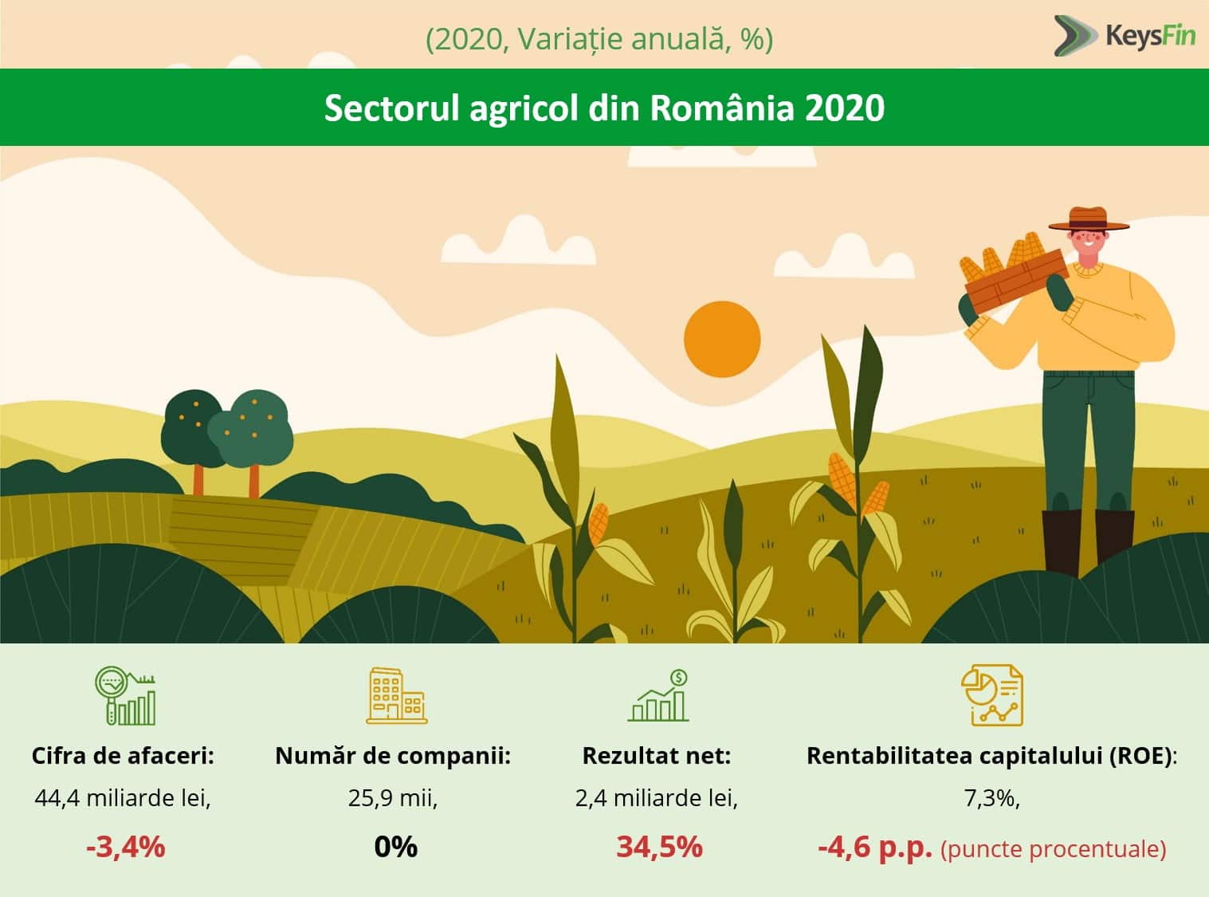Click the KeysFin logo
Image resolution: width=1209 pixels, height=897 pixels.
(x=1125, y=36)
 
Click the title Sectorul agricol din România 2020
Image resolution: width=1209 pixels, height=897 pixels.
(x=604, y=108)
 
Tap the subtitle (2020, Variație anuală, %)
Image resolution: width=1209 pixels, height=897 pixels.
(x=599, y=38)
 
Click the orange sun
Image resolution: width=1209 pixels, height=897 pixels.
(x=722, y=339)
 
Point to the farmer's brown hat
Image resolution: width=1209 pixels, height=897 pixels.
(x=1089, y=219)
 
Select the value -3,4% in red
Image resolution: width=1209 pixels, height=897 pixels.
(x=125, y=846)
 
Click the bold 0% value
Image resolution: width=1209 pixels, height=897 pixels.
(x=395, y=846)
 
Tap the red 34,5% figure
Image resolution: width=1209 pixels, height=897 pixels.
(x=659, y=846)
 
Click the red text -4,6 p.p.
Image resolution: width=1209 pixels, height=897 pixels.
(x=874, y=847)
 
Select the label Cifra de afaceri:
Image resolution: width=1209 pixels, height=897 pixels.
(x=123, y=756)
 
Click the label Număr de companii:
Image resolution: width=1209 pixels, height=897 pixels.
(x=393, y=756)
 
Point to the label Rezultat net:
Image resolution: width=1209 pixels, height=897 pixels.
(x=656, y=756)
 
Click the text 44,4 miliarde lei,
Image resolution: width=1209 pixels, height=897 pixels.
(x=123, y=798)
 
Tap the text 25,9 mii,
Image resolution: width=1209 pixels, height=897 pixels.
(x=393, y=798)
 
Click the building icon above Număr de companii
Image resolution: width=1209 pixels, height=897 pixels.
(x=396, y=696)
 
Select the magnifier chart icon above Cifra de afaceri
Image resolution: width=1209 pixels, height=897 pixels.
(x=125, y=696)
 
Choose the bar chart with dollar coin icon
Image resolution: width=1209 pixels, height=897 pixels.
(x=658, y=696)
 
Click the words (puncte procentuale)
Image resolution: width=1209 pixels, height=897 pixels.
(x=1053, y=849)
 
